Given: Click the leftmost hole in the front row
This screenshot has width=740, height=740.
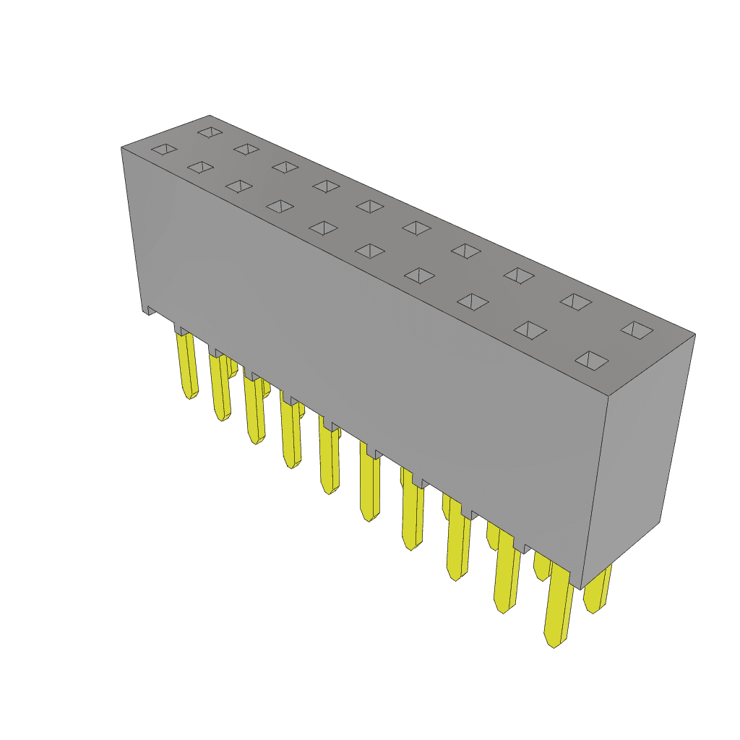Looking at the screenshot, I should [x=163, y=149].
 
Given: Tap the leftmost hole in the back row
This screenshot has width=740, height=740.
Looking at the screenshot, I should [x=210, y=133].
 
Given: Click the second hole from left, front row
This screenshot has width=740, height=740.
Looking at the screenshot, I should [x=199, y=167].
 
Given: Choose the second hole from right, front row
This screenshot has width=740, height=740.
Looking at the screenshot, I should [x=531, y=330].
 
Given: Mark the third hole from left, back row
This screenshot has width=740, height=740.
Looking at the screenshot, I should [x=285, y=167].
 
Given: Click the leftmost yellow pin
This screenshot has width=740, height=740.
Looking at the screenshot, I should [x=187, y=365].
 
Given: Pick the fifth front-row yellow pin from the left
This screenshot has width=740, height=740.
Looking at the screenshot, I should [x=329, y=459].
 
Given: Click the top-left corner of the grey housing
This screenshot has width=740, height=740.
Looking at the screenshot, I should [x=121, y=148].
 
